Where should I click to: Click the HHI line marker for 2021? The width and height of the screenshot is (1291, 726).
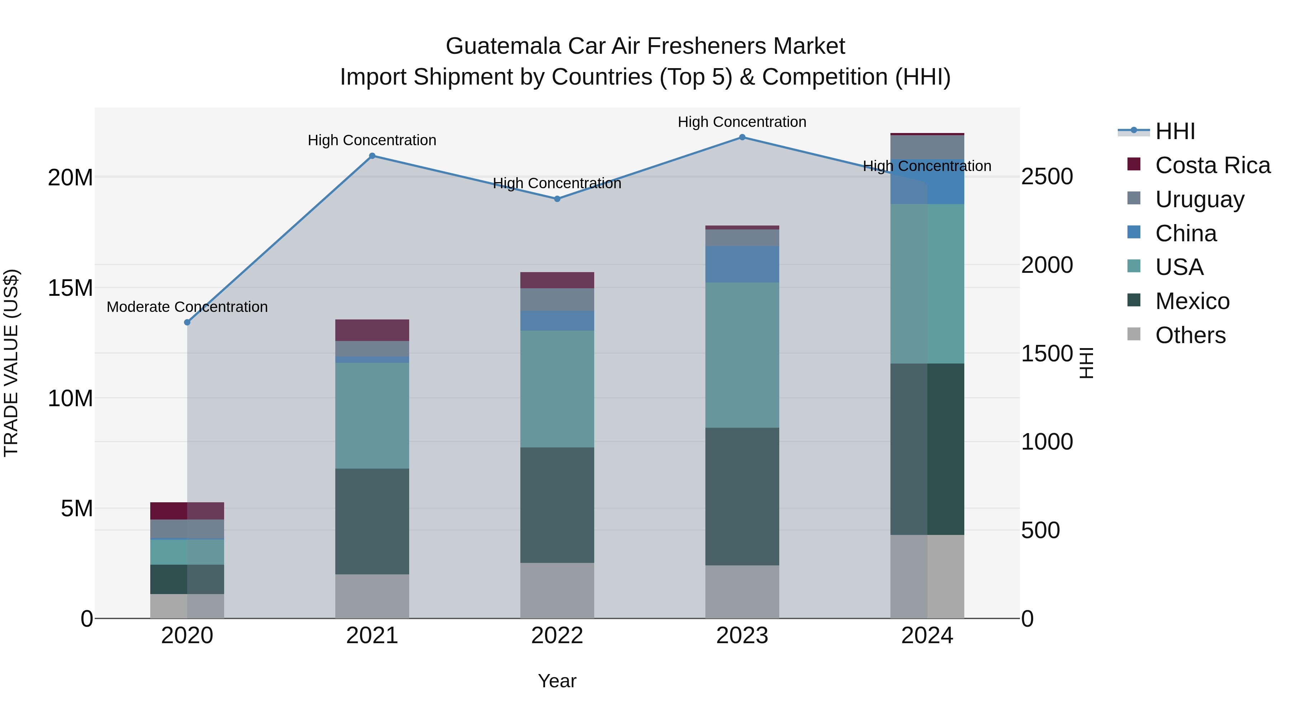pos(372,156)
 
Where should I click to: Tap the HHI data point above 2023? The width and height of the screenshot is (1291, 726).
pos(742,137)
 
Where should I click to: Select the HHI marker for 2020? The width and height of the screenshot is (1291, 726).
pos(188,322)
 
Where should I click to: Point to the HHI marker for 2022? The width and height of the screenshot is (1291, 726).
pos(557,199)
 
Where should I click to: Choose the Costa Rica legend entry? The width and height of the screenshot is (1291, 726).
pos(1212,165)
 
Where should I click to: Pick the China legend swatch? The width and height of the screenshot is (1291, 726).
pos(1134,232)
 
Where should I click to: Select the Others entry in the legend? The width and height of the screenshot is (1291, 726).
pos(1190,335)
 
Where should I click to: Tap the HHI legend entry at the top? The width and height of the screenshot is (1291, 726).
pos(1175,131)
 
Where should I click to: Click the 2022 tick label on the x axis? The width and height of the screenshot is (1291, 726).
pos(557,636)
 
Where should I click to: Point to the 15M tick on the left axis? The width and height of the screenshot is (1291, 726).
pos(71,288)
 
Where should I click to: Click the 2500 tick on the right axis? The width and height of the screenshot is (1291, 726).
pos(1047,177)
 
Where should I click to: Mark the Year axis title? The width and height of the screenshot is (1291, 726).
pos(557,681)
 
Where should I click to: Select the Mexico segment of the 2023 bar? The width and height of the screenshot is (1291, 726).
pos(742,496)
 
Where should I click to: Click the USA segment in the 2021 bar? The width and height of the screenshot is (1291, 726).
pos(372,416)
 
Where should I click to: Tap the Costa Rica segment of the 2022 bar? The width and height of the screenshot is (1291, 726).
pos(557,280)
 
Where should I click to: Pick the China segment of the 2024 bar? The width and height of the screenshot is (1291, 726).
pos(927,181)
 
